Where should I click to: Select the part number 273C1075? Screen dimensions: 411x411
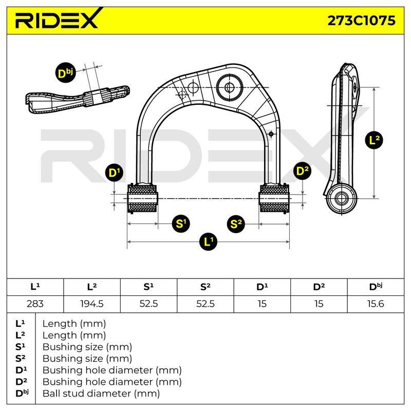coord(362,21)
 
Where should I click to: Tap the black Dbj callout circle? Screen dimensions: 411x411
coord(65,72)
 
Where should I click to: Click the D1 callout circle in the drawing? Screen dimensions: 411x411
coord(114,172)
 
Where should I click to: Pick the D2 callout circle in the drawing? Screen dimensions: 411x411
coord(302,171)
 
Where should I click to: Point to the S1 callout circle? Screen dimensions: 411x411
coord(181,223)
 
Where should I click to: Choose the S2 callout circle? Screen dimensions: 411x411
coord(236,223)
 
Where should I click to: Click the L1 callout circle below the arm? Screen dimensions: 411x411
coord(209,241)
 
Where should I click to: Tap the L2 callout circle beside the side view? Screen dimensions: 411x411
coord(374,140)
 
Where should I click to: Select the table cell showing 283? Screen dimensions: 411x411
coord(35,304)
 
